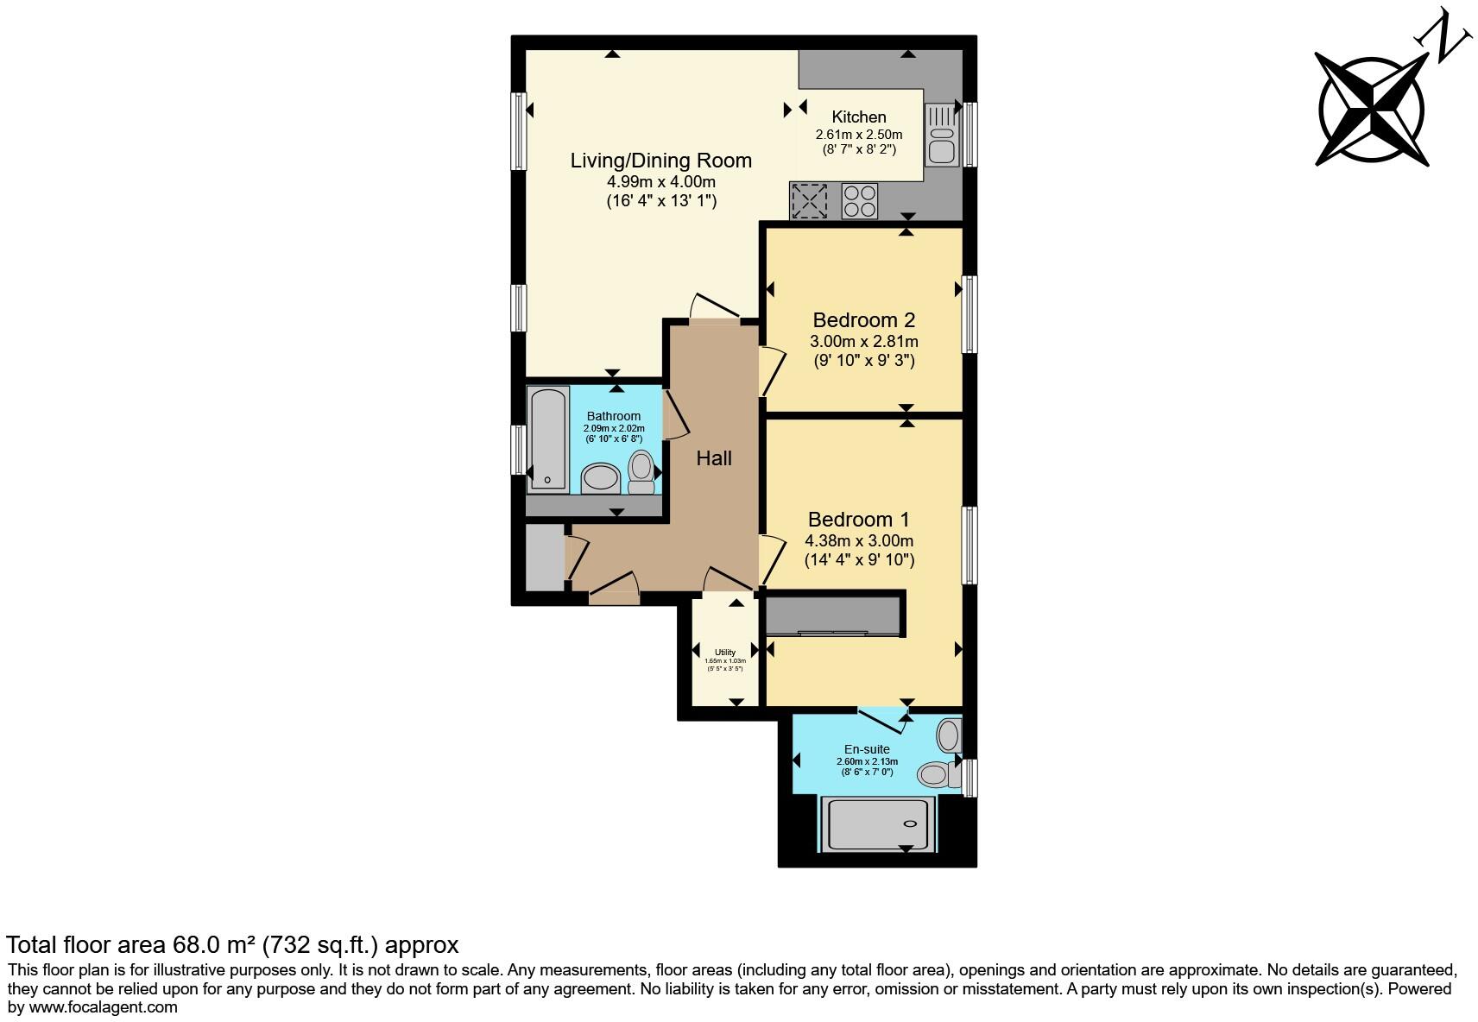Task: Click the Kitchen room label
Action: tap(858, 117)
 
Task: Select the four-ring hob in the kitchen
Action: tap(859, 201)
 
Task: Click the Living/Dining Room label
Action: tap(660, 161)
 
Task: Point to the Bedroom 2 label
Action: tap(863, 320)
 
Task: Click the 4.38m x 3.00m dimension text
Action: tap(858, 541)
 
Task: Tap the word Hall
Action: tap(714, 458)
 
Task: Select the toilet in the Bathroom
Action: tap(641, 471)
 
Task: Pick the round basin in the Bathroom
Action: tap(601, 477)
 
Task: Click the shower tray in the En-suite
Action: tap(877, 823)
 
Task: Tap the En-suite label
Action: tap(867, 749)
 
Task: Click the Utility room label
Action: tap(725, 653)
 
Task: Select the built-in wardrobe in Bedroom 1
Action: tap(834, 615)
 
